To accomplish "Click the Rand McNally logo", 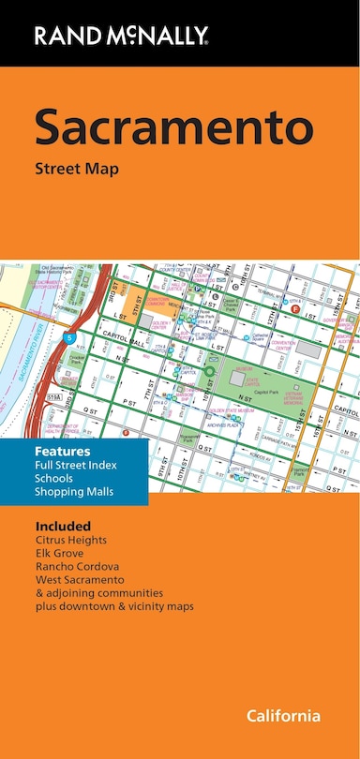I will coord(122,36).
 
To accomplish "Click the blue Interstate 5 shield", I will coord(69,336).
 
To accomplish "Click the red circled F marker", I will coord(295,308).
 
